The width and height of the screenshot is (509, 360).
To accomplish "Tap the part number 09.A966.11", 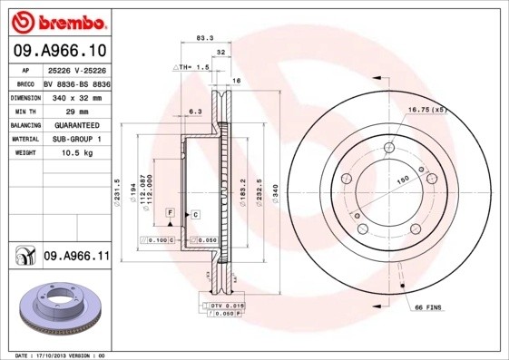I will tap(77, 258).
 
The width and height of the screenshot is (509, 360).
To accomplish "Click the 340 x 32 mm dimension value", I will tap(76, 95).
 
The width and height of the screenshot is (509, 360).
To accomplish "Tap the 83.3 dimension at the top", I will tap(204, 38).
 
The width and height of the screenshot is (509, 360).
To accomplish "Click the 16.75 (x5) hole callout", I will tap(427, 110).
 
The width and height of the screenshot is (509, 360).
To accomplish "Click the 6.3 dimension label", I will tap(193, 111).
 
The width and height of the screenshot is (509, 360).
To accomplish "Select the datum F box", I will tap(170, 211).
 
